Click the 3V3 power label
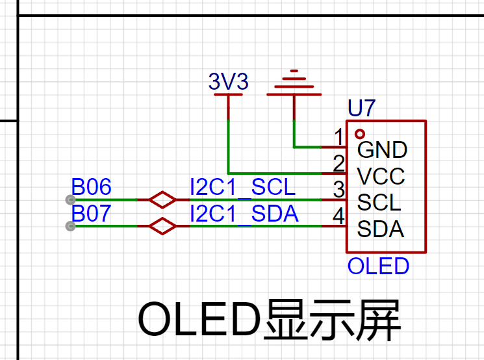[229, 81]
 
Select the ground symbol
[294, 83]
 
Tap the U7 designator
[361, 108]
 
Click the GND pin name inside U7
[382, 150]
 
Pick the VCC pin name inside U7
[381, 176]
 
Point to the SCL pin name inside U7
[379, 203]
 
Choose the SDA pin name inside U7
[381, 229]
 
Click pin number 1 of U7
[339, 136]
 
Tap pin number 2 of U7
[338, 163]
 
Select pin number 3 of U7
[339, 189]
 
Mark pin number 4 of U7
[338, 216]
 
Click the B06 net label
[91, 186]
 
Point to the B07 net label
[91, 213]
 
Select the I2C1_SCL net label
[243, 187]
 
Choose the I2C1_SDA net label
[244, 214]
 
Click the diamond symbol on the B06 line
[162, 199]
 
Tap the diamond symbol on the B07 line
[162, 226]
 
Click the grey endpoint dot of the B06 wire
[70, 199]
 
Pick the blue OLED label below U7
[379, 266]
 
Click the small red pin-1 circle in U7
[360, 134]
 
